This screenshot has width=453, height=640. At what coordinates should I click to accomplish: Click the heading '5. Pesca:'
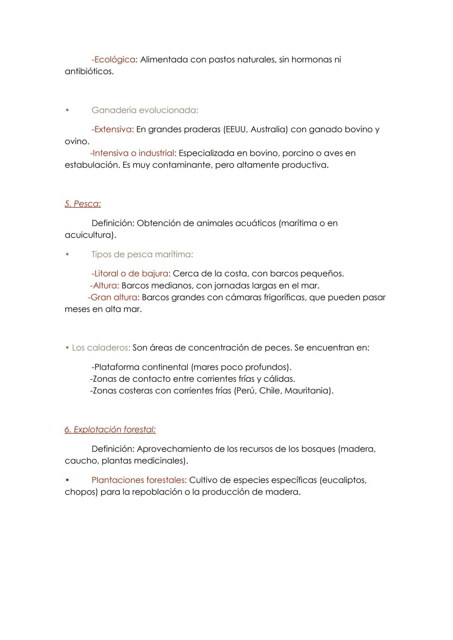pos(83,204)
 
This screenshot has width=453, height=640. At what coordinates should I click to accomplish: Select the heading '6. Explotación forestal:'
pos(110,429)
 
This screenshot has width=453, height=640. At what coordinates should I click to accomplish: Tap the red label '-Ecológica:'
pos(115,60)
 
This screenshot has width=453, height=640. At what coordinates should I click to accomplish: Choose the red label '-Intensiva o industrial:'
pos(133,153)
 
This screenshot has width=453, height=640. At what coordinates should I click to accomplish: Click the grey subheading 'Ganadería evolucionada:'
pos(145,110)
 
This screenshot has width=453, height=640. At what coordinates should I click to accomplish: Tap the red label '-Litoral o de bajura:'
pos(131,273)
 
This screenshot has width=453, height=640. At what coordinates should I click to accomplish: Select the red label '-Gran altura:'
pos(114,297)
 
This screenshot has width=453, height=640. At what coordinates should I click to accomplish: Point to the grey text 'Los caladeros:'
pos(101,347)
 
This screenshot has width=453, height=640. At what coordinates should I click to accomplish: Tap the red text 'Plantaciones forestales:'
pos(139,480)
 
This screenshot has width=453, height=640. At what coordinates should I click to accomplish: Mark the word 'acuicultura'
pos(89,235)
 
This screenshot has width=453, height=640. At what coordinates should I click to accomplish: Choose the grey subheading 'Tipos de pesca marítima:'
pos(142,254)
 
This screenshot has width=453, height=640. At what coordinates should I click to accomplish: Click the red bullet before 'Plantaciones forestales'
pos(67,480)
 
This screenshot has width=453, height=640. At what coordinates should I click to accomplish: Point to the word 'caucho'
pos(81,461)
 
